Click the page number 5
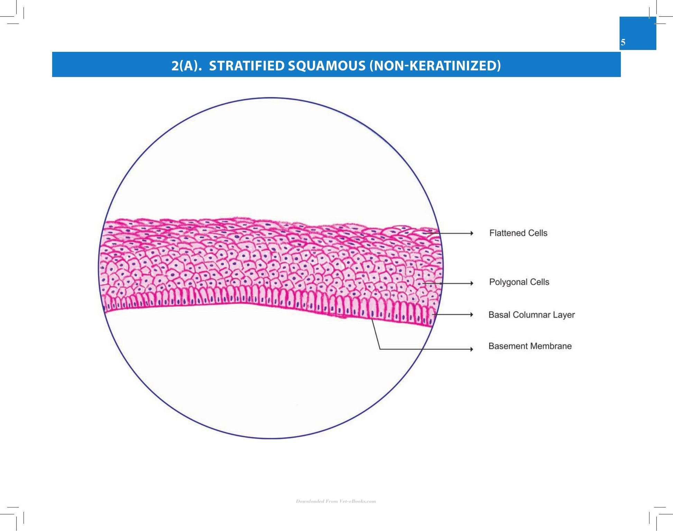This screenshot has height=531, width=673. point(623,42)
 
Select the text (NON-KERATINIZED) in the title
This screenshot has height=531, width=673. point(435,66)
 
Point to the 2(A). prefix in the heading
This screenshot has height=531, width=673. point(186,66)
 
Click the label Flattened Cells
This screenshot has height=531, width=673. point(518,233)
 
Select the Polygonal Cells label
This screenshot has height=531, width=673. point(519,282)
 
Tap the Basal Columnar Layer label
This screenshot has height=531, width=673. point(532,315)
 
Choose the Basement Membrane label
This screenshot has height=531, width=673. point(530,346)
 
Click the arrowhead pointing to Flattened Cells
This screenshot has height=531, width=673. point(471,234)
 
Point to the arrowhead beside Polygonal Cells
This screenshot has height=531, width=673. point(471,283)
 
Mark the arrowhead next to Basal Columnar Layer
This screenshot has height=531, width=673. point(471,314)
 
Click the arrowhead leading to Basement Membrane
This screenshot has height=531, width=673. point(471,349)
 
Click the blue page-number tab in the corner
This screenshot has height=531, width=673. point(638,33)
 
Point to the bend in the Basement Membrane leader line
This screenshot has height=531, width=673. point(380,349)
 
